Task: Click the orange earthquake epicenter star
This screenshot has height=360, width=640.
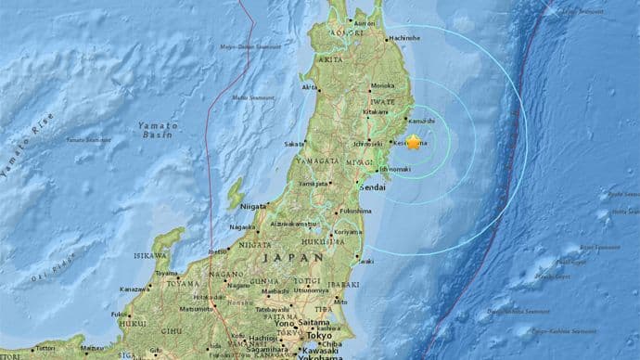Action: pos(414,141)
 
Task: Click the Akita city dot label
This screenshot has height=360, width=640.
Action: pos(309,87)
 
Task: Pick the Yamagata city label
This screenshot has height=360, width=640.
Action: pos(313,184)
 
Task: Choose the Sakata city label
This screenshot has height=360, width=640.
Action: pos(294,144)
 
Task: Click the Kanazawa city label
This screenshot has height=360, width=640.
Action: pos(134,289)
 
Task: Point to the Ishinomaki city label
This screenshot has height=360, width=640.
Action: pos(397,170)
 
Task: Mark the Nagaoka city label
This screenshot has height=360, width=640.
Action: pos(240,226)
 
